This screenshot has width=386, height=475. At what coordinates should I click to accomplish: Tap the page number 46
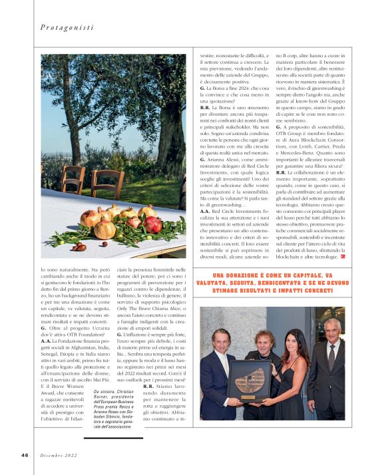(x=24, y=454)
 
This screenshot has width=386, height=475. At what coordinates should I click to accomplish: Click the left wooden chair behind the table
(x=73, y=178)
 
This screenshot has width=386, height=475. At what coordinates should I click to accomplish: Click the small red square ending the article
(x=343, y=255)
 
